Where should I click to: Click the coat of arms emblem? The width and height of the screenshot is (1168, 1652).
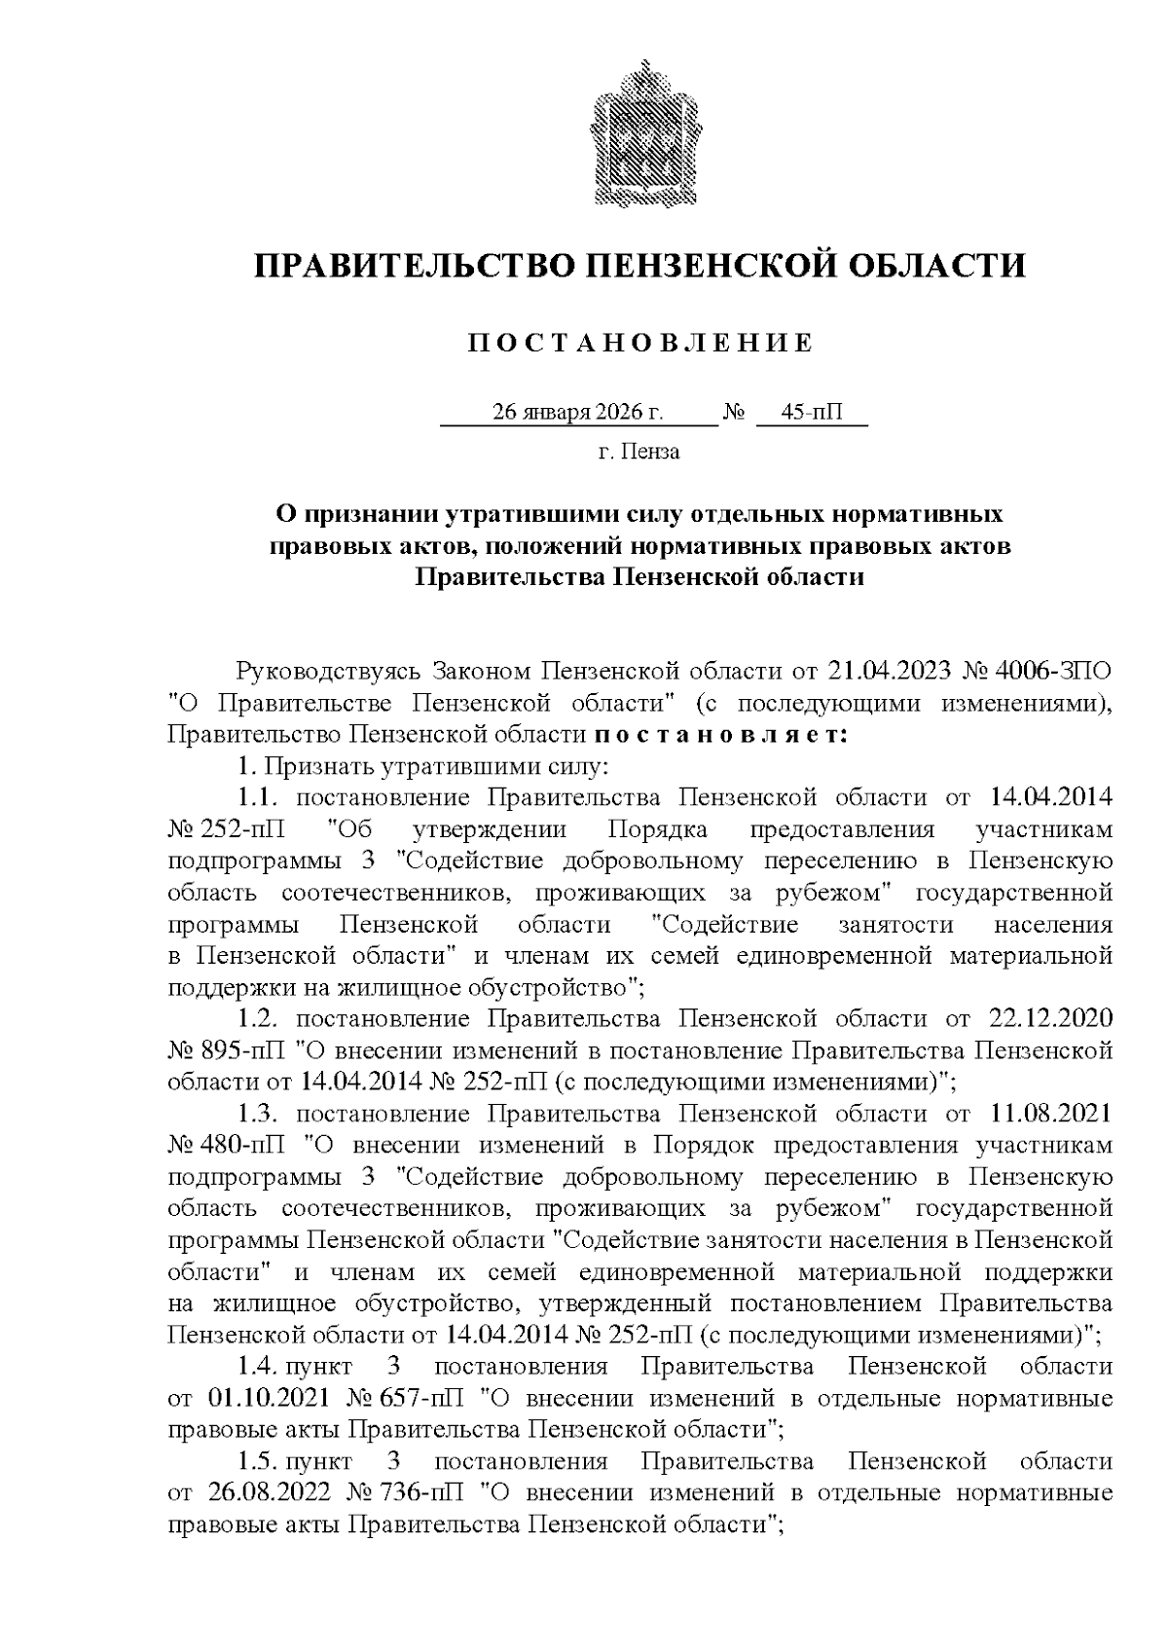(x=643, y=132)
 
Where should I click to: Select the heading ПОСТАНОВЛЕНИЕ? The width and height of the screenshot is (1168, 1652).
(x=640, y=343)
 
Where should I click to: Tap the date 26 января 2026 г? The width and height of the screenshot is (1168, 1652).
(x=578, y=412)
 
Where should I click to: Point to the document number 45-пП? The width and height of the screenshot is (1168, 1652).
(x=813, y=412)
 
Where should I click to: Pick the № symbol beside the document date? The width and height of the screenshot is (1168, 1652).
(x=735, y=412)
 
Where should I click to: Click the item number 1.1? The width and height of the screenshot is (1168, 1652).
(x=260, y=797)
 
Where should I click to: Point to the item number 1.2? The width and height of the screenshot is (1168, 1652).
(x=260, y=1018)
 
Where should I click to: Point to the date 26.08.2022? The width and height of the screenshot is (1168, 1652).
(x=268, y=1492)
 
